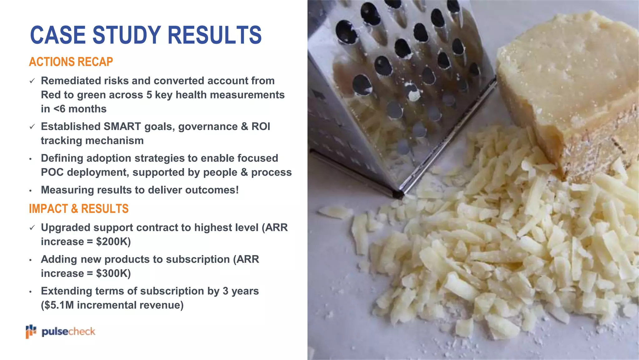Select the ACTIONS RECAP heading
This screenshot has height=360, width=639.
tap(71, 62)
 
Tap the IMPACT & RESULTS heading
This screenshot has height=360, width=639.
tap(79, 209)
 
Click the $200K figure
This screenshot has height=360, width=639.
tap(113, 242)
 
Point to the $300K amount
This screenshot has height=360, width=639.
tap(113, 273)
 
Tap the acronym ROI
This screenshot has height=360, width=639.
tap(261, 127)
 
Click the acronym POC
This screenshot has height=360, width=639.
tap(52, 172)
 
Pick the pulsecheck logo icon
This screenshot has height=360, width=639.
tap(31, 331)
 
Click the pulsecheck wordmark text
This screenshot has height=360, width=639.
tap(68, 332)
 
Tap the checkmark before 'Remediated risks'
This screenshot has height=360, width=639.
tap(32, 81)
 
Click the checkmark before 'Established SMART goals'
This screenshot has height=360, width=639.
tap(32, 127)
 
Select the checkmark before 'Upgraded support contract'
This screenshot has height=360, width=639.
tap(32, 228)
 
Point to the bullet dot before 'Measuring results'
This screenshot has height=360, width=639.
tap(30, 191)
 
